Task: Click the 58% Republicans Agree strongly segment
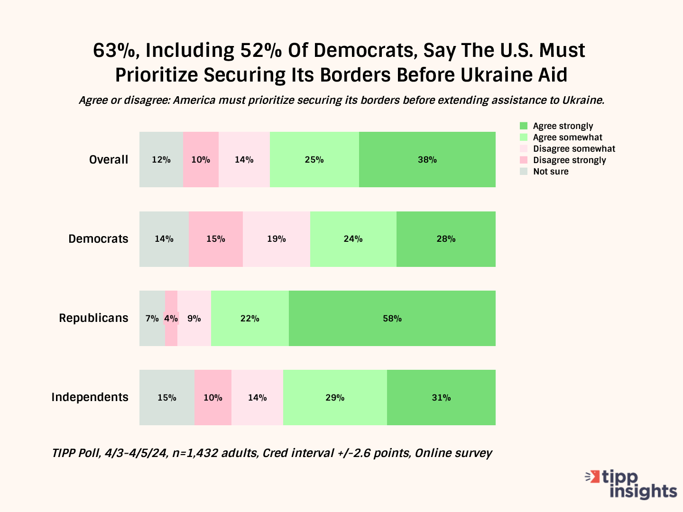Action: [x=392, y=318]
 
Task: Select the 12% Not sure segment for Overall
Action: [x=161, y=159]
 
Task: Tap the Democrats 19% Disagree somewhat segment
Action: [x=276, y=239]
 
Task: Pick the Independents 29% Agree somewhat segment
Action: [x=335, y=397]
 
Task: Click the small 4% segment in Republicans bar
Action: [x=171, y=318]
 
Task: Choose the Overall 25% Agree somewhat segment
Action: [x=314, y=159]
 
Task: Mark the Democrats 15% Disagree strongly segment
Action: [x=216, y=239]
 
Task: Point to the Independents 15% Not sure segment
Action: [x=167, y=397]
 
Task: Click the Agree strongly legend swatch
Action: [x=524, y=126]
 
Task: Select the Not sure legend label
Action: [x=551, y=172]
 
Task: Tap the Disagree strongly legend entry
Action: [x=569, y=160]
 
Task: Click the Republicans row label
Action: [x=93, y=318]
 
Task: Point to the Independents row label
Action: [x=90, y=397]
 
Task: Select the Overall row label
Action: [x=109, y=160]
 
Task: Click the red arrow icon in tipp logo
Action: [x=592, y=476]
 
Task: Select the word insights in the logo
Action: [x=643, y=491]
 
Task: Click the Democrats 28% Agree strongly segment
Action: [x=446, y=239]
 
